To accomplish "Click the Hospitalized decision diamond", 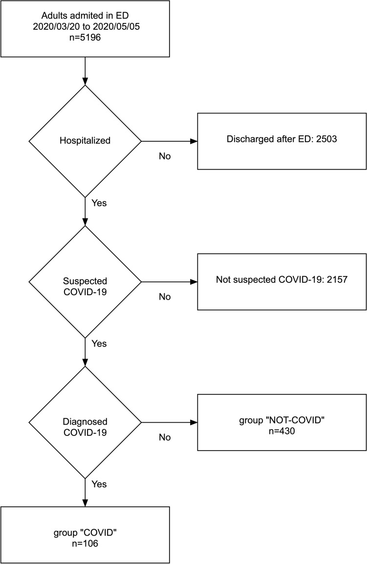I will [85, 141].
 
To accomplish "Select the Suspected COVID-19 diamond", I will [85, 282].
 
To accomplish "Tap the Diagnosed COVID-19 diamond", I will [85, 422].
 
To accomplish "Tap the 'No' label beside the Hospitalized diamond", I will [165, 156].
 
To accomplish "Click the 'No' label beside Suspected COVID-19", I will [165, 297].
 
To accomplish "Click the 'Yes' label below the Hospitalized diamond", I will [99, 203].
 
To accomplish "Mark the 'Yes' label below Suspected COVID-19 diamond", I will [99, 344].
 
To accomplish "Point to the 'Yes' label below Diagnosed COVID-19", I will [99, 484].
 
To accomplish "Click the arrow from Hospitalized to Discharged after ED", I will [169, 141].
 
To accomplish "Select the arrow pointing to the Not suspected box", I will [169, 282].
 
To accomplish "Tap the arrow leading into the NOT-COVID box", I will [169, 422].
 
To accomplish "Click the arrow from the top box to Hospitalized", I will [86, 70].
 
